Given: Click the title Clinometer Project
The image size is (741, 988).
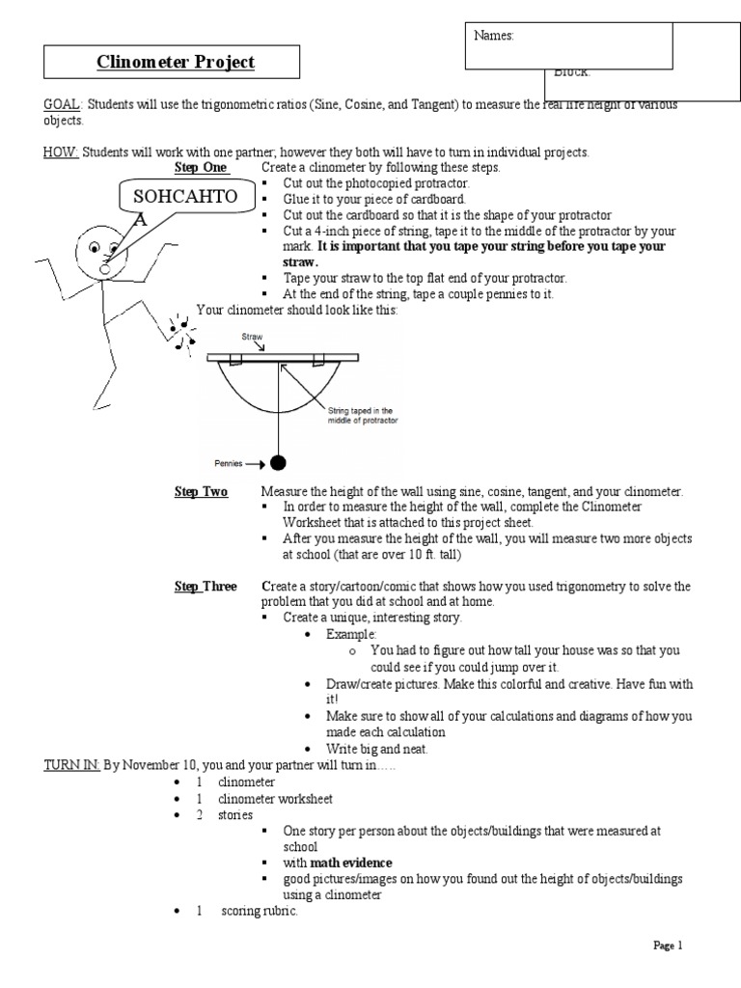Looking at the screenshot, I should [x=176, y=63].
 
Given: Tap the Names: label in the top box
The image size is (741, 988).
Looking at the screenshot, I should [x=493, y=36].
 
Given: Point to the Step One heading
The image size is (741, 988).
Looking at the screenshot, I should [x=201, y=168].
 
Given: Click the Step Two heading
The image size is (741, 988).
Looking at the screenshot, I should [x=201, y=492].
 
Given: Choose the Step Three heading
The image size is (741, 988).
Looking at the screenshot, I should [x=205, y=587].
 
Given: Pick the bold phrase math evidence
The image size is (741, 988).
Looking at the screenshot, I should [x=351, y=862].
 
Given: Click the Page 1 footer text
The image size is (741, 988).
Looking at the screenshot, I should [x=668, y=947].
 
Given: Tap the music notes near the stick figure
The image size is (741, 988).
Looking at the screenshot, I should [x=181, y=331].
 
